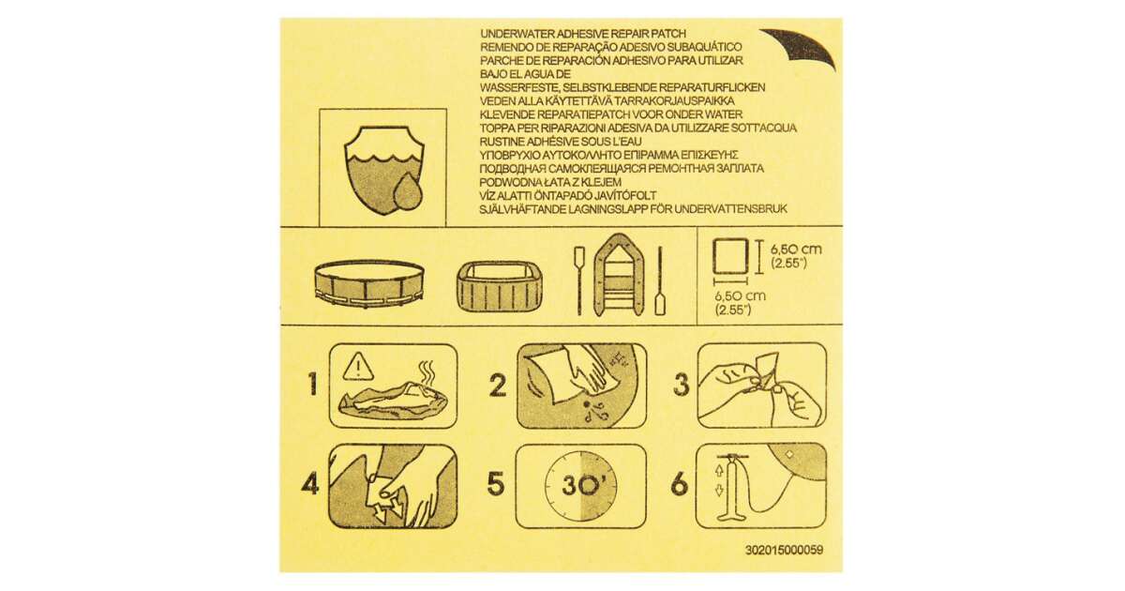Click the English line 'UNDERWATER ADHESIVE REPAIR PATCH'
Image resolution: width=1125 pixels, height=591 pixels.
[583, 34]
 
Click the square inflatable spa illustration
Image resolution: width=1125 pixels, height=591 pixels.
[499, 287]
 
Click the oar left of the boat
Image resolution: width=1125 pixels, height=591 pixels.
[579, 280]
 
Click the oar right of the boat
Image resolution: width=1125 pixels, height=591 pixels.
[660, 280]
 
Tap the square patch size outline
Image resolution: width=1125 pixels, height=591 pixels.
[730, 257]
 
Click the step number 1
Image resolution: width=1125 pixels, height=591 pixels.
[313, 385]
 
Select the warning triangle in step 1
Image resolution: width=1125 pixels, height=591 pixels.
[357, 367]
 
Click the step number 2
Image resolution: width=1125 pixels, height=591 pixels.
[497, 386]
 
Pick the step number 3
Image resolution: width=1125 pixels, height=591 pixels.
[681, 385]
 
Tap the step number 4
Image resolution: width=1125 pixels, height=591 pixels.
[310, 484]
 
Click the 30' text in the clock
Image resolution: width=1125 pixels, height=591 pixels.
[583, 486]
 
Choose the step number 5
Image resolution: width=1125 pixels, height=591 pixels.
[495, 484]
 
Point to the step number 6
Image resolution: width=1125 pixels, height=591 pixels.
[680, 484]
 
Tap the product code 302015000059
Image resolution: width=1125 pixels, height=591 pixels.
[784, 550]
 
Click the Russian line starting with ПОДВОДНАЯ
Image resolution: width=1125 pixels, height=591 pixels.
[622, 168]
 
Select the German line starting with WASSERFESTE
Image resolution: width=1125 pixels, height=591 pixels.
[622, 87]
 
